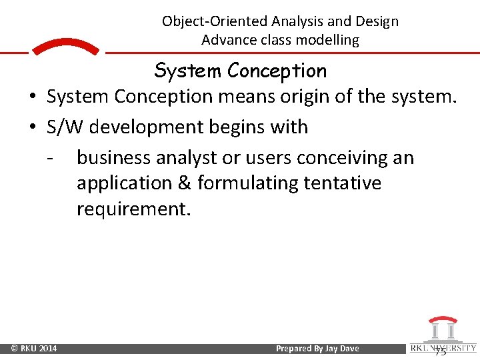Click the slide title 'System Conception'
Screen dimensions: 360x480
240,70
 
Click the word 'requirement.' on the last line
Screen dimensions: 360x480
133,209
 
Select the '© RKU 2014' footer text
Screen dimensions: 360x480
34,349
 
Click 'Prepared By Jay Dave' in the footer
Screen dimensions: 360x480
317,349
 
